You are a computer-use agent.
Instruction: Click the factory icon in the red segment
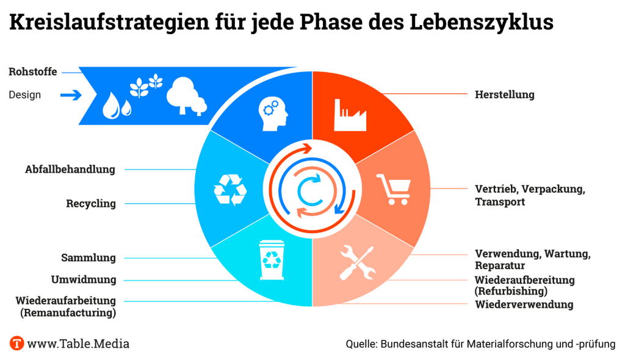coord(350,115)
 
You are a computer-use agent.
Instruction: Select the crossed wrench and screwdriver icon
coord(357,262)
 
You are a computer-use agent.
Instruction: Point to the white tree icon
coord(185,95)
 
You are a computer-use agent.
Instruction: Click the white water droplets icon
coord(117,105)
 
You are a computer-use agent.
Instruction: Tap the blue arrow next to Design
coord(71,95)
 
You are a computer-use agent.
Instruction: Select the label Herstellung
coord(504,95)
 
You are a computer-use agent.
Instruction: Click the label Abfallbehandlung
coord(70,170)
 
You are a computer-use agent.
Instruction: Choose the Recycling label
coord(91,204)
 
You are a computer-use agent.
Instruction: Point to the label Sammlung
coord(89,258)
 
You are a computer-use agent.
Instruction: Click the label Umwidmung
coord(83,280)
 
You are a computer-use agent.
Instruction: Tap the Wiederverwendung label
coord(524,304)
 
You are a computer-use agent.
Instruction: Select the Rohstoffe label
coord(33,72)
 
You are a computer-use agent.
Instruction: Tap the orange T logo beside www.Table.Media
coord(17,344)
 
